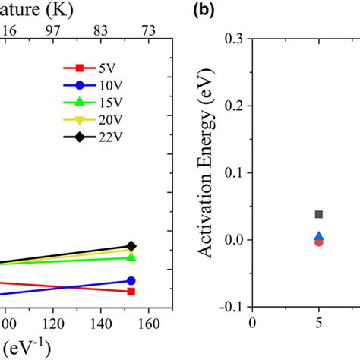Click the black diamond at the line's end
[131, 246]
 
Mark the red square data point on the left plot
[131, 292]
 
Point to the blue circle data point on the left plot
[131, 280]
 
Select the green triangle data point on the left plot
[131, 257]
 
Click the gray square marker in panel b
[319, 214]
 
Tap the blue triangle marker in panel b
[319, 237]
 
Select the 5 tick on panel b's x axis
[319, 322]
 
